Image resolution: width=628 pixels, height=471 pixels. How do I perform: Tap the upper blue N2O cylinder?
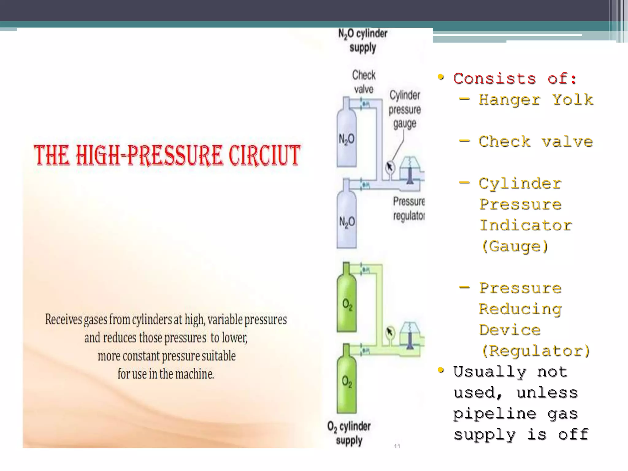[x=347, y=138]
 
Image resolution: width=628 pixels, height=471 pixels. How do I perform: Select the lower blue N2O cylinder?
[x=347, y=221]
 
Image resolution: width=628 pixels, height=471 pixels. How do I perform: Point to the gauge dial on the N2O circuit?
[x=390, y=167]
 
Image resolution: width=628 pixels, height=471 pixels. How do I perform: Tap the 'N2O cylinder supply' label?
[x=363, y=40]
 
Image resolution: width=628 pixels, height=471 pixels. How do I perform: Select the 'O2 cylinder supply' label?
[x=349, y=433]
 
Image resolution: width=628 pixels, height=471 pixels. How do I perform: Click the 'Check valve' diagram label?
[x=364, y=82]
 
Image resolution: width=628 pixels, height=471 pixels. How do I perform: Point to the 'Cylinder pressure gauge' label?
[x=405, y=109]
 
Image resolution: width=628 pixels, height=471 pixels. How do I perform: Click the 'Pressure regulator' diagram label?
[x=409, y=209]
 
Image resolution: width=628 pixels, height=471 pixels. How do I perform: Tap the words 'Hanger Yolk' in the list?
[x=536, y=100]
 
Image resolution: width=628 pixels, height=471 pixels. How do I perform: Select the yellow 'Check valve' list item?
[x=535, y=142]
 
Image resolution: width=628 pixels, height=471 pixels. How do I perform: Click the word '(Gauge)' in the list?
[x=515, y=246]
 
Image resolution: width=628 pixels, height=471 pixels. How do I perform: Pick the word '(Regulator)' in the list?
[x=535, y=351]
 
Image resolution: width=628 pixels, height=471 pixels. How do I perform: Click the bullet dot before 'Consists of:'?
[x=441, y=77]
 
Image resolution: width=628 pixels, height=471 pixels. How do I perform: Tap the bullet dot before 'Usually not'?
[x=441, y=370]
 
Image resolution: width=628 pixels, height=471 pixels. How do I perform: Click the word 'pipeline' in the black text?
[x=495, y=414]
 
